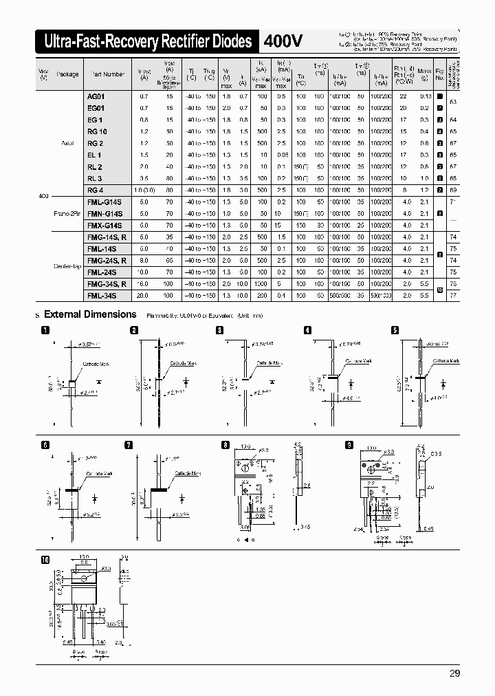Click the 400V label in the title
pyautogui.click(x=283, y=42)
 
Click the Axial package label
pyautogui.click(x=67, y=144)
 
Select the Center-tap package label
pyautogui.click(x=67, y=265)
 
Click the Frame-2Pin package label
pyautogui.click(x=67, y=213)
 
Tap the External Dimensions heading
pyautogui.click(x=89, y=314)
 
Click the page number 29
pyautogui.click(x=454, y=673)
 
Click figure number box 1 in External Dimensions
pyautogui.click(x=45, y=329)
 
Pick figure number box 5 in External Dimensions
pyautogui.click(x=395, y=329)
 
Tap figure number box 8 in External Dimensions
pyautogui.click(x=225, y=445)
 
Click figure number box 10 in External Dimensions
pyautogui.click(x=45, y=561)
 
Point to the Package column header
pyautogui.click(x=67, y=74)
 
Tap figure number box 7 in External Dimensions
pyautogui.click(x=129, y=445)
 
